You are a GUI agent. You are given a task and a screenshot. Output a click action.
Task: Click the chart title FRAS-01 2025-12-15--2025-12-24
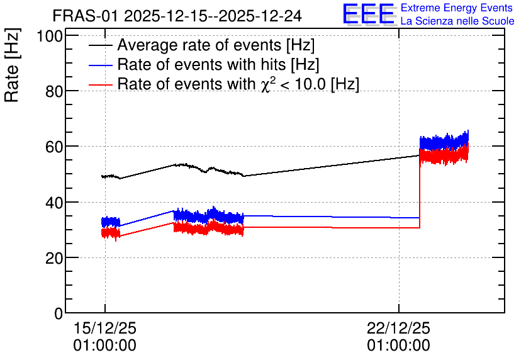pyautogui.click(x=177, y=16)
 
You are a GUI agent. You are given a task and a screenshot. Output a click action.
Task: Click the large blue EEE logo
pyautogui.click(x=368, y=14)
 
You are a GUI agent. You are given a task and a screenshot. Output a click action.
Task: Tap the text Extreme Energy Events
pyautogui.click(x=456, y=8)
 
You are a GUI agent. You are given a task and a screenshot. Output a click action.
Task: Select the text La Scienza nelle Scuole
pyautogui.click(x=457, y=21)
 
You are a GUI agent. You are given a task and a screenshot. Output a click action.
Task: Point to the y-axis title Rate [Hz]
pyautogui.click(x=12, y=65)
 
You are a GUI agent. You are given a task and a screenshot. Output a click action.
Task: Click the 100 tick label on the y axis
pyautogui.click(x=50, y=36)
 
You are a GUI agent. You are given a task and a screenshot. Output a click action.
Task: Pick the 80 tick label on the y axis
pyautogui.click(x=54, y=91)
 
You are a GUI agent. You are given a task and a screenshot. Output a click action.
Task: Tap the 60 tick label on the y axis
pyautogui.click(x=54, y=147)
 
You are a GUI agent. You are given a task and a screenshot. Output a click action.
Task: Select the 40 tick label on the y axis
pyautogui.click(x=54, y=203)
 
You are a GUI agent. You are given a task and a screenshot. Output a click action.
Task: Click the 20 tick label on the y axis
pyautogui.click(x=54, y=258)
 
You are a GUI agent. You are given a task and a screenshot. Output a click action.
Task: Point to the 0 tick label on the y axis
pyautogui.click(x=59, y=313)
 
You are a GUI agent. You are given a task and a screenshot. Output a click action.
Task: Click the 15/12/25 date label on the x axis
pyautogui.click(x=105, y=328)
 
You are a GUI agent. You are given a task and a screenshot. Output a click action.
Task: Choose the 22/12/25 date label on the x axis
pyautogui.click(x=398, y=328)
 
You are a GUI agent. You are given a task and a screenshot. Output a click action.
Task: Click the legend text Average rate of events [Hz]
pyautogui.click(x=216, y=45)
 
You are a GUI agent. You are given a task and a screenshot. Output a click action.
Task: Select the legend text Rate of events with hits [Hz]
pyautogui.click(x=218, y=64)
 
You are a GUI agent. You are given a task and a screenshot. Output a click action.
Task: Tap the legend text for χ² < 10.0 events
pyautogui.click(x=238, y=84)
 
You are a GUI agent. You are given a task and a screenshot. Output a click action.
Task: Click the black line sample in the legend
pyautogui.click(x=100, y=45)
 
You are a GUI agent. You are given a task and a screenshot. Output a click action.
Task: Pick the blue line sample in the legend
pyautogui.click(x=100, y=65)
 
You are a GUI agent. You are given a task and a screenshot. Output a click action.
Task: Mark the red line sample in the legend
pyautogui.click(x=100, y=84)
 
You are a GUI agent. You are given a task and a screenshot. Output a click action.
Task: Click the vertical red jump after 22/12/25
pyautogui.click(x=420, y=191)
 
